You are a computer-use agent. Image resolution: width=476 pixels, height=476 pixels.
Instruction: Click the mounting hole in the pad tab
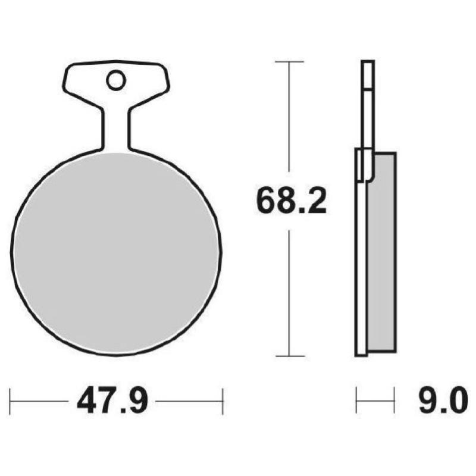click(115, 80)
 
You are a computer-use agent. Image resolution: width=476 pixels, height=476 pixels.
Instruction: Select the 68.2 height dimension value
click(291, 202)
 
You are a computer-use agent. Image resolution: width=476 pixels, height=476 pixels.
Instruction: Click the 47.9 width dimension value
click(111, 402)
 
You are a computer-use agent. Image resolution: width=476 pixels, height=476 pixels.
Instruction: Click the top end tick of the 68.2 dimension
click(289, 61)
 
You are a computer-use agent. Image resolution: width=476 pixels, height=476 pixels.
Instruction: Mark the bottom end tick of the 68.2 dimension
click(289, 356)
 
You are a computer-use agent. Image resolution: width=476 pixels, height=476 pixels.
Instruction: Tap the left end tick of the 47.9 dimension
click(11, 402)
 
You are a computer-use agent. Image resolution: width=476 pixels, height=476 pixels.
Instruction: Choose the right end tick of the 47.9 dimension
click(222, 402)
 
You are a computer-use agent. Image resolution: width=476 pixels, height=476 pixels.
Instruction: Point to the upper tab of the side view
click(368, 101)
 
